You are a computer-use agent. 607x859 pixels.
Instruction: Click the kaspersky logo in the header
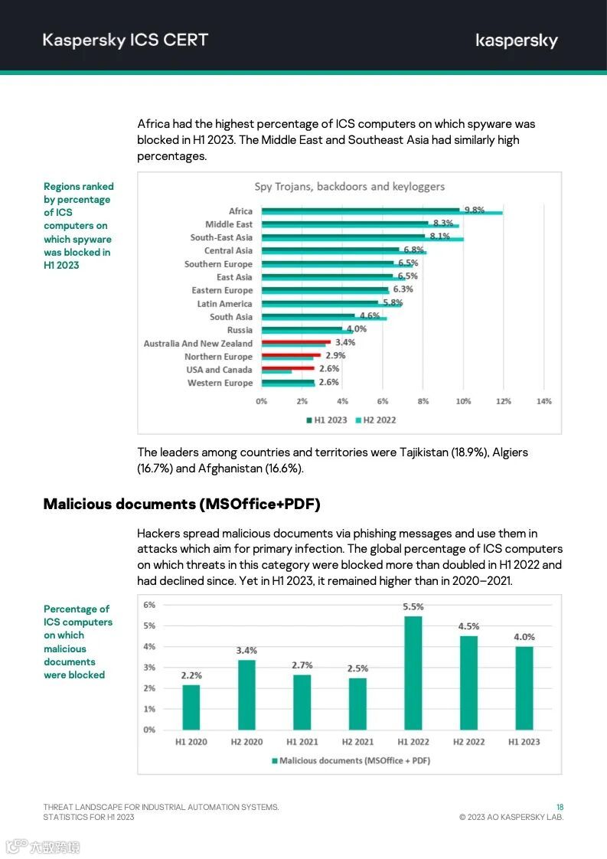coord(517,41)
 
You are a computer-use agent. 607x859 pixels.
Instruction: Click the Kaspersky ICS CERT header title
coord(126,41)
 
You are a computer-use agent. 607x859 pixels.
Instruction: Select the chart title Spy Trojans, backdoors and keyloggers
coord(349,187)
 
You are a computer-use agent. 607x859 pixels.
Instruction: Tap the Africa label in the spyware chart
coord(240,211)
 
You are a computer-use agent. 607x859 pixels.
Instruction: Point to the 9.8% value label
coord(474,211)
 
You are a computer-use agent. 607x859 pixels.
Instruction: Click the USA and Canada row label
coord(219,370)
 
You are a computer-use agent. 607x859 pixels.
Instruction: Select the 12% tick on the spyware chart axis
coord(503,401)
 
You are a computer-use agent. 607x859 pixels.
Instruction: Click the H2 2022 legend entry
coord(375,420)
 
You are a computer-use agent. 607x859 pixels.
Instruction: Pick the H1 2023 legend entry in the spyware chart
coord(327,420)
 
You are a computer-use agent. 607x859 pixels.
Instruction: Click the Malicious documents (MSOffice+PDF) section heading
coord(181,504)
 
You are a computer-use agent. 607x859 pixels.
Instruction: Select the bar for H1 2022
coord(413,672)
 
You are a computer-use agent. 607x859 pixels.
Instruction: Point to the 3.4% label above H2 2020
coord(246,651)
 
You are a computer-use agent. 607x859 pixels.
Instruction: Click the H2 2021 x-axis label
coord(357,742)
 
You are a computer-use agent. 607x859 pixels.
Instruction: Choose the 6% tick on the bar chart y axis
coord(149,605)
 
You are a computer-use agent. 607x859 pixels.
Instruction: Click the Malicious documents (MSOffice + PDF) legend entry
coord(351,760)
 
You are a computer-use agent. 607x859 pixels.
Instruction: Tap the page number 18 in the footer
coord(560,807)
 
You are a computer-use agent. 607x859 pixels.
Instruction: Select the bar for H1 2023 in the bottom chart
coord(524,688)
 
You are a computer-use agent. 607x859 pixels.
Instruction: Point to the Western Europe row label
coord(220,383)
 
